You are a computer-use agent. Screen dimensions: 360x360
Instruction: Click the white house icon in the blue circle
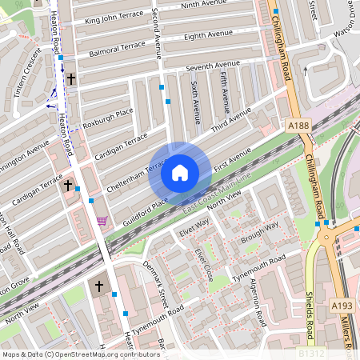pos(180,172)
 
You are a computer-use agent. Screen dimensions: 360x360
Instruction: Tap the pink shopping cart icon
pos(101,221)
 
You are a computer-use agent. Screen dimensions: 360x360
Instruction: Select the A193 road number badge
pos(342,305)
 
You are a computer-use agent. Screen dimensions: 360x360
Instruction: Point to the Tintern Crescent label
pos(26,78)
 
